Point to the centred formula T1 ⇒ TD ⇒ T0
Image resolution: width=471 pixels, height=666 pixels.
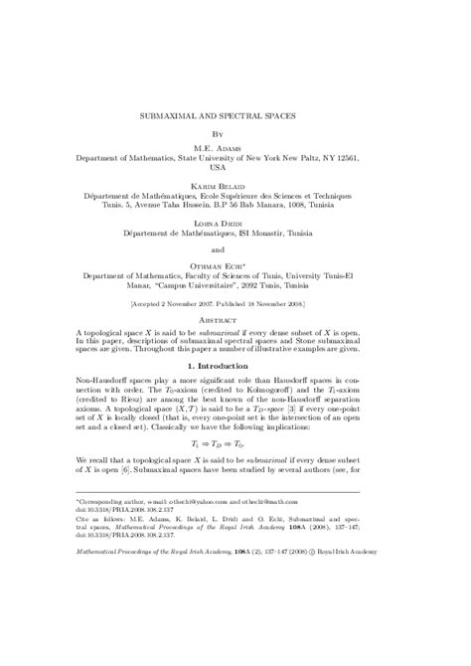point(235,502)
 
